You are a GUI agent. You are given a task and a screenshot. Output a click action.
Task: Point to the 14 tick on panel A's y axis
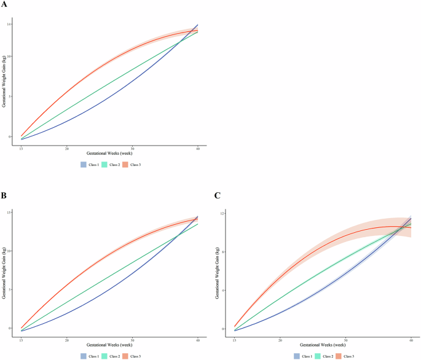(10, 24)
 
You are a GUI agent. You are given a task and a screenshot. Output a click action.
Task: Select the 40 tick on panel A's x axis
(197, 149)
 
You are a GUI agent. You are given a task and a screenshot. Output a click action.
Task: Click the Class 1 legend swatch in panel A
(84, 165)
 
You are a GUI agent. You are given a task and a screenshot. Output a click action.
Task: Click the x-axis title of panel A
(109, 156)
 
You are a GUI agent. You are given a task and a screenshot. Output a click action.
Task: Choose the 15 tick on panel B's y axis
(10, 213)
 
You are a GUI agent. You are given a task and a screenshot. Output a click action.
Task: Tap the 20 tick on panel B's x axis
(66, 340)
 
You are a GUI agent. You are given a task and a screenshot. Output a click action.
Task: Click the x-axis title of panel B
(109, 348)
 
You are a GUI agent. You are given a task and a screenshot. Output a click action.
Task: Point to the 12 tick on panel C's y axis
(224, 213)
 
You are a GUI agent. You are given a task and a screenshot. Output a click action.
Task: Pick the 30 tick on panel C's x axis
(345, 340)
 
